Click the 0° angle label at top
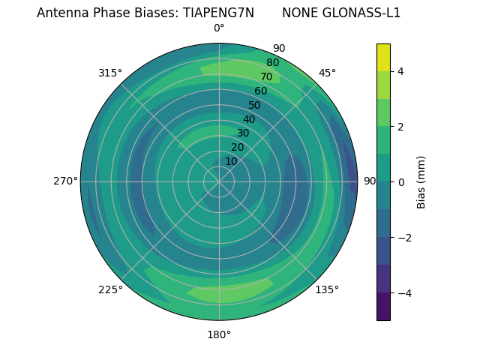(x=219, y=28)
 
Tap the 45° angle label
(x=328, y=73)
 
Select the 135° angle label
(x=327, y=289)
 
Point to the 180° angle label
(x=219, y=334)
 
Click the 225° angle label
(x=110, y=289)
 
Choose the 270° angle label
(x=65, y=181)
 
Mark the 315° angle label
(x=110, y=73)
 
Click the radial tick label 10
(x=231, y=161)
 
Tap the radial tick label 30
(x=243, y=133)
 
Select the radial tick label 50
(x=254, y=106)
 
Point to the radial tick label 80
(x=272, y=63)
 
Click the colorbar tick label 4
(x=400, y=71)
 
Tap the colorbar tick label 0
(x=400, y=181)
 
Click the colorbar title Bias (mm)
(x=421, y=181)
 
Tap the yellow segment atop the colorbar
(x=383, y=57)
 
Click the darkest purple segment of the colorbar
(x=383, y=306)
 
